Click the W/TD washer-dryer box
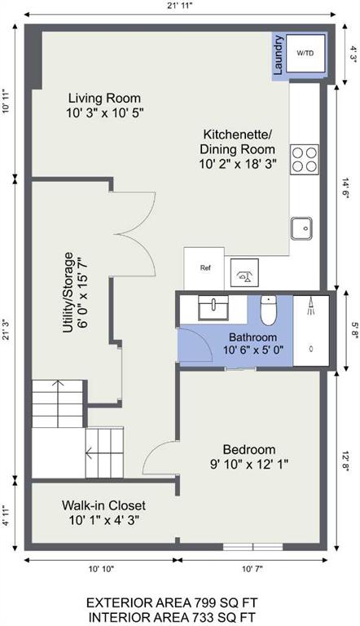[x=305, y=53]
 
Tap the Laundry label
[x=279, y=55]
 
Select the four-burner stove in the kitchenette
[x=305, y=159]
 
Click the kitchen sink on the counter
[x=301, y=228]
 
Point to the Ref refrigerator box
[x=204, y=268]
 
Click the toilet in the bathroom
[x=269, y=311]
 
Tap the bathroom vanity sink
[x=213, y=308]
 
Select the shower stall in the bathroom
[x=311, y=331]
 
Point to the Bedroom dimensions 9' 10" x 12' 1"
[x=249, y=465]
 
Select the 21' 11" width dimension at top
[x=180, y=6]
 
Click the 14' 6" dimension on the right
[x=345, y=188]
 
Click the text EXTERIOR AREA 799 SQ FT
[x=172, y=602]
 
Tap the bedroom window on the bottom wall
[x=252, y=547]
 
